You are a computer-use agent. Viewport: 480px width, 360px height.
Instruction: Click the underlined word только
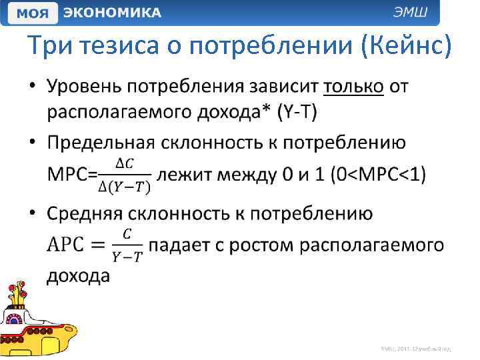(x=353, y=87)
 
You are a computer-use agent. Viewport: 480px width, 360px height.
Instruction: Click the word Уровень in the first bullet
(x=89, y=87)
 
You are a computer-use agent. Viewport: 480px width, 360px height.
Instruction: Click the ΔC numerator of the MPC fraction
(x=125, y=163)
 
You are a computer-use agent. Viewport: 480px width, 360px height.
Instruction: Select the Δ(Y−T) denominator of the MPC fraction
(x=125, y=187)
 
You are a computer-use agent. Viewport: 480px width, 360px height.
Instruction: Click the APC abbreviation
(x=66, y=245)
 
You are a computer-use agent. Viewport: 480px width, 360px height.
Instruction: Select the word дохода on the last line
(x=79, y=275)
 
